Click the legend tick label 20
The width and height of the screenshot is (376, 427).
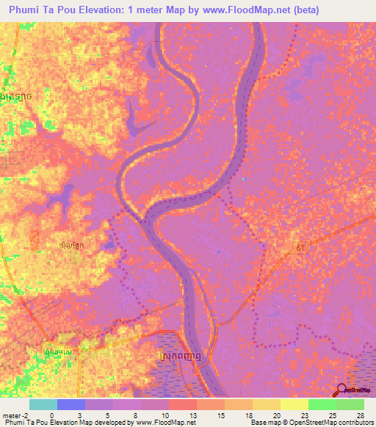tap(253, 415)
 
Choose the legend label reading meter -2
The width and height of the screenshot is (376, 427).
tap(15, 415)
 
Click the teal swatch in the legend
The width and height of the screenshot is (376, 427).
tap(43, 404)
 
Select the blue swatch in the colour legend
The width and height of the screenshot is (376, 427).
tap(70, 404)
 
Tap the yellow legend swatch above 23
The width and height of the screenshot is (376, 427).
tap(294, 404)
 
